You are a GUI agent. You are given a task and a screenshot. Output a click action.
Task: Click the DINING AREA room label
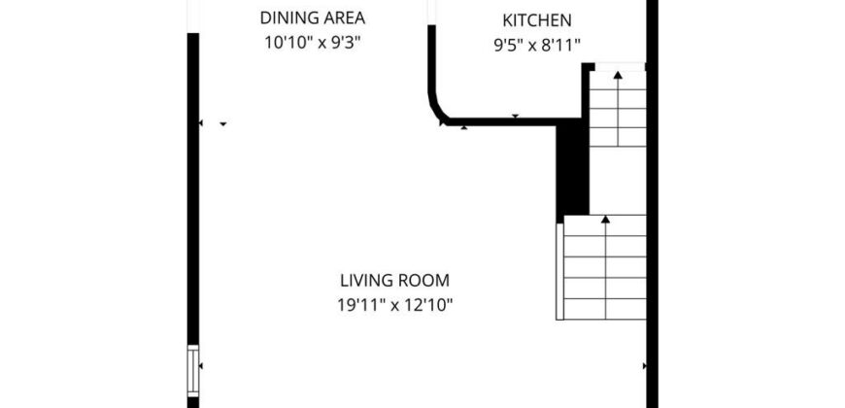click(x=313, y=17)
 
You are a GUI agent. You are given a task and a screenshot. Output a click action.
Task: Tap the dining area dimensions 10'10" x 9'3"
click(x=312, y=43)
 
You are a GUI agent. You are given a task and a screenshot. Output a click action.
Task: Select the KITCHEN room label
click(x=537, y=20)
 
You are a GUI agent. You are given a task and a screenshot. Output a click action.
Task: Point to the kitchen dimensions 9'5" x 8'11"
click(x=537, y=46)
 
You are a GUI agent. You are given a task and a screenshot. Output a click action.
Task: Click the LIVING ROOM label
click(x=395, y=281)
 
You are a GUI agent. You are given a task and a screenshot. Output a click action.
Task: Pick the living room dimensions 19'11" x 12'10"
click(x=395, y=306)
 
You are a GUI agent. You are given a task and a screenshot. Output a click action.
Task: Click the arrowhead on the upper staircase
click(x=618, y=75)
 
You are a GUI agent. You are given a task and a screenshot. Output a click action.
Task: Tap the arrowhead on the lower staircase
click(x=606, y=220)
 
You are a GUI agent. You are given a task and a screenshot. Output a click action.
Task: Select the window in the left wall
click(x=193, y=371)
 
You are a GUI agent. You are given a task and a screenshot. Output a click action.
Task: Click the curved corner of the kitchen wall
click(x=435, y=108)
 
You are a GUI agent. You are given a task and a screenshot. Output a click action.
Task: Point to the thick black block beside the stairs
click(x=572, y=170)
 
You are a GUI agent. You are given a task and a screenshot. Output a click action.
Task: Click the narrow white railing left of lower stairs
click(x=559, y=272)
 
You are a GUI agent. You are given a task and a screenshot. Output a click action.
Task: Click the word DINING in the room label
click(x=289, y=17)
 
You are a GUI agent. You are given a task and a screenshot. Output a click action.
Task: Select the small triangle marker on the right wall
click(x=645, y=366)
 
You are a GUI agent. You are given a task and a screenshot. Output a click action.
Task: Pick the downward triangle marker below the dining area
click(x=223, y=124)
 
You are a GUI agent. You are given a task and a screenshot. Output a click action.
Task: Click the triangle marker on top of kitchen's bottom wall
click(x=515, y=116)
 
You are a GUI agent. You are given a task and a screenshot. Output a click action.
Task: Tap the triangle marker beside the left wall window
click(x=200, y=366)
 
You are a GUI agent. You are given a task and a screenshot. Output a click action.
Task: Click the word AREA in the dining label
click(x=345, y=17)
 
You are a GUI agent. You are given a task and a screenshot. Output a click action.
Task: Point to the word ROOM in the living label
click(x=424, y=281)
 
